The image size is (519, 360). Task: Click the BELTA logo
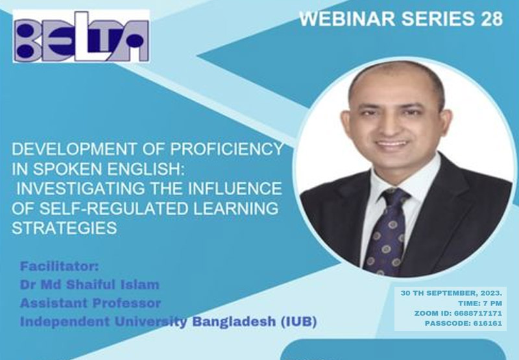click(81, 36)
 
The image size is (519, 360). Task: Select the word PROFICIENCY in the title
click(226, 149)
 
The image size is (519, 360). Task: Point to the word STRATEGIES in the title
click(64, 228)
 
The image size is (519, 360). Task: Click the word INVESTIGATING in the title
click(80, 188)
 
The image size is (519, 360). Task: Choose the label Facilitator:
click(60, 267)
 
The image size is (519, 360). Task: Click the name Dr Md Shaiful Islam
click(90, 285)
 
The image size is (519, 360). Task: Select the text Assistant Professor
click(90, 303)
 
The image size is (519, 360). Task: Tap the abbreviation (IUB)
click(298, 322)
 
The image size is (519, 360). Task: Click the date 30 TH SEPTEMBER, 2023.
click(452, 293)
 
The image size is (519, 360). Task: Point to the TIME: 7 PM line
click(480, 303)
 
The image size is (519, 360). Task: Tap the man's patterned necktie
click(388, 232)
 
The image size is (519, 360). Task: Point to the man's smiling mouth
click(392, 145)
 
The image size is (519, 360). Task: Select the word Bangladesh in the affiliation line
click(234, 322)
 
